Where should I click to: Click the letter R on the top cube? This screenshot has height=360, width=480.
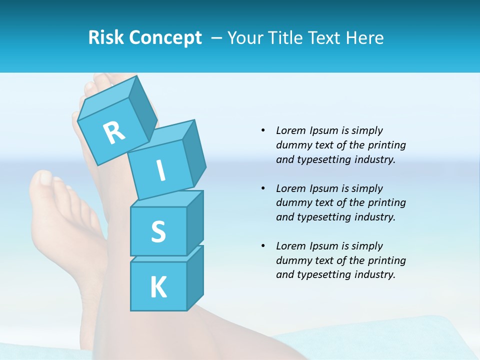pyautogui.click(x=114, y=133)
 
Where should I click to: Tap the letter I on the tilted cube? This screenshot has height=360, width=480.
pyautogui.click(x=160, y=171)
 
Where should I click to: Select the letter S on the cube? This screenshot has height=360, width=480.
pyautogui.click(x=158, y=231)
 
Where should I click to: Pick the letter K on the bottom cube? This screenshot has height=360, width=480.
pyautogui.click(x=158, y=287)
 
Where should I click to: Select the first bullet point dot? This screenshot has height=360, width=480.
pyautogui.click(x=263, y=130)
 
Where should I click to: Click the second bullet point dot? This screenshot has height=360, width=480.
pyautogui.click(x=263, y=188)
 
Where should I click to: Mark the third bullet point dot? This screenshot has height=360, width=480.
pyautogui.click(x=263, y=246)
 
